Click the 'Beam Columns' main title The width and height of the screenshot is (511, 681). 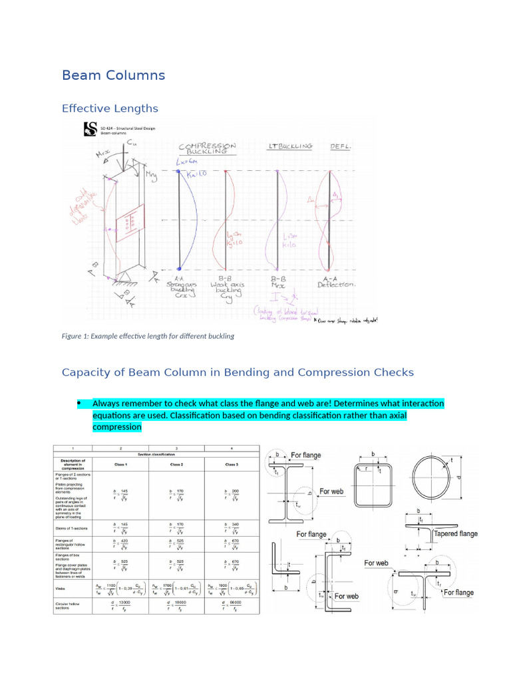point(113,75)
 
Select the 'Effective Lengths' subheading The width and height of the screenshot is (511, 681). point(110,108)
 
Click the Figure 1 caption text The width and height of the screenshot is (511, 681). point(148,336)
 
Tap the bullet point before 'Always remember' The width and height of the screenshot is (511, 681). point(78,403)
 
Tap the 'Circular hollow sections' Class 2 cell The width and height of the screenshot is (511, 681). point(177,605)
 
